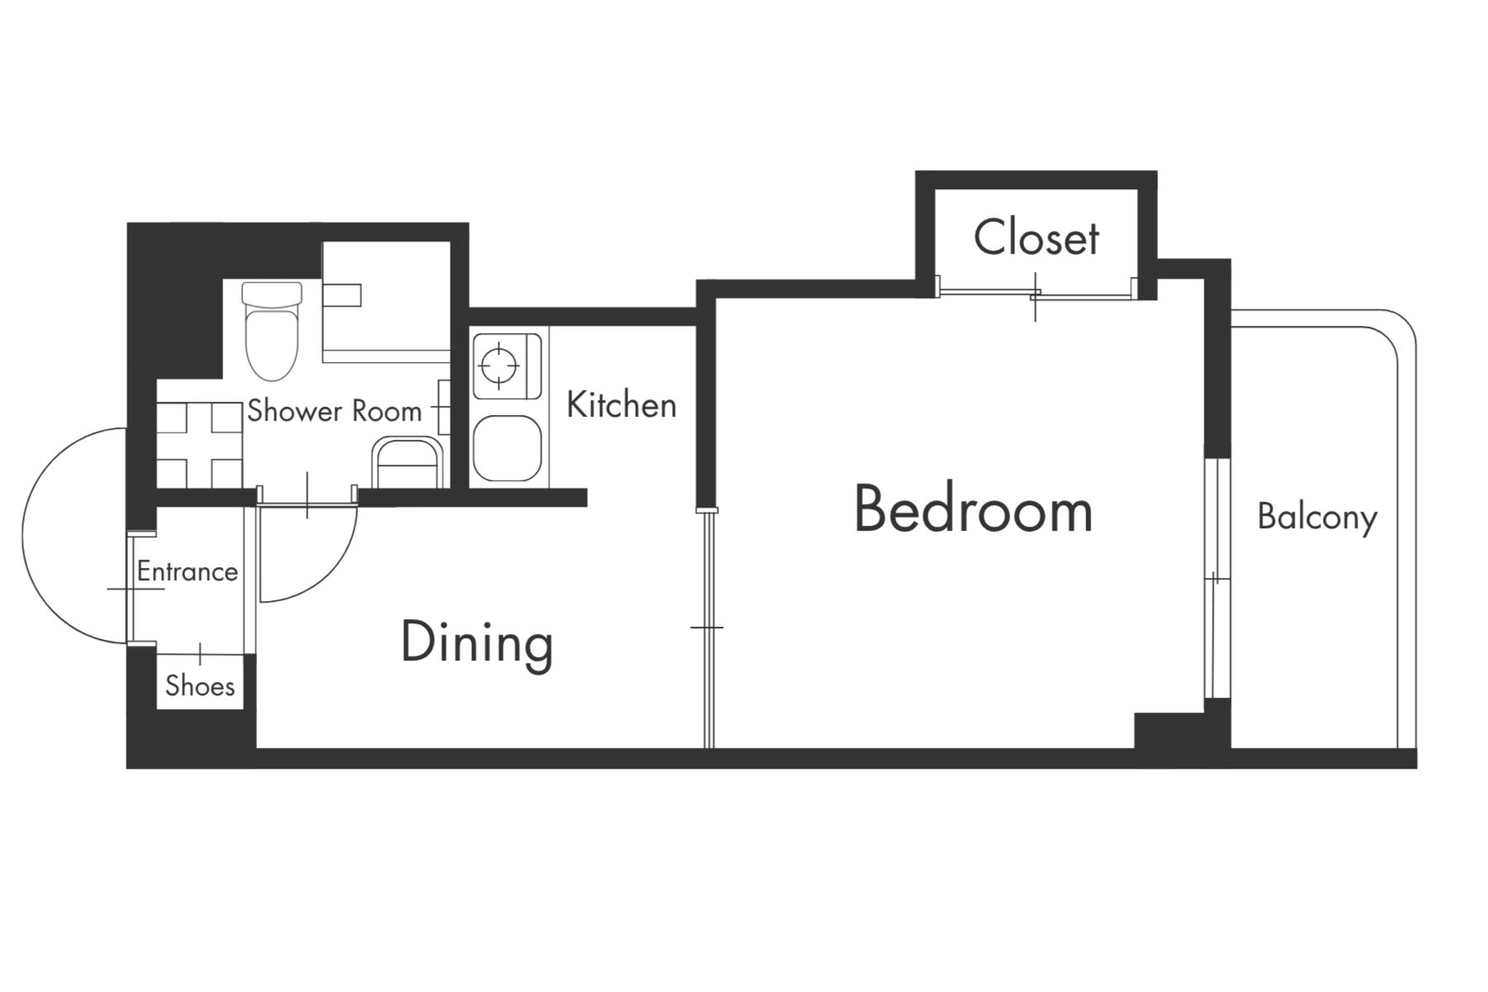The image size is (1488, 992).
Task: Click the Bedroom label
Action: pyautogui.click(x=973, y=510)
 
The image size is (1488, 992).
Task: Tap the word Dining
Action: pyautogui.click(x=477, y=643)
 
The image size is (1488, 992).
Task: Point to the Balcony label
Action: pyautogui.click(x=1317, y=517)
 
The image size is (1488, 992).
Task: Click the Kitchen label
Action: pyautogui.click(x=622, y=405)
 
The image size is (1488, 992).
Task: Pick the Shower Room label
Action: pyautogui.click(x=334, y=410)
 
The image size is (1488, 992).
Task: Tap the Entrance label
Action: pyautogui.click(x=188, y=571)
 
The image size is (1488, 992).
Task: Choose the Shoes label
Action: pyautogui.click(x=200, y=685)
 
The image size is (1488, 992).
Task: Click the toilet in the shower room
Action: pyautogui.click(x=272, y=331)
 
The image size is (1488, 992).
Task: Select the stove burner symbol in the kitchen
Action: pyautogui.click(x=499, y=364)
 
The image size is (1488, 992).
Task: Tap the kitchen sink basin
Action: pyautogui.click(x=507, y=447)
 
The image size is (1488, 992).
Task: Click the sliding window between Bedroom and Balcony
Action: pyautogui.click(x=1214, y=579)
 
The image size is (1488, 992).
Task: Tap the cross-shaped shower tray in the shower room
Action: pyautogui.click(x=199, y=445)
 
